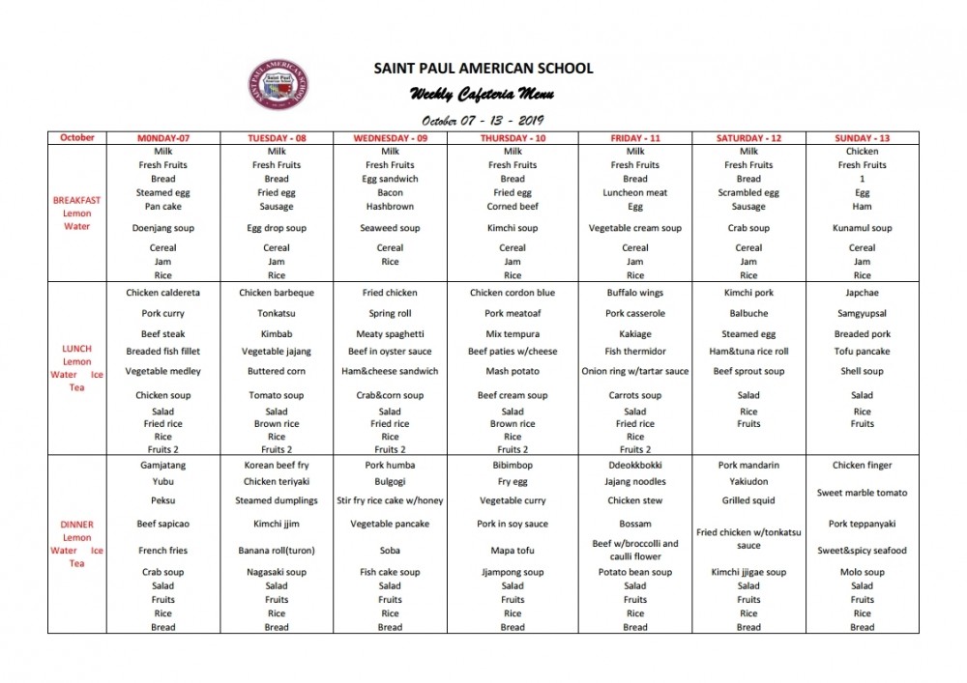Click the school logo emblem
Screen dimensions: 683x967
pos(278,84)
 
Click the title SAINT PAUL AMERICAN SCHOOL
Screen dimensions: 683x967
pos(483,69)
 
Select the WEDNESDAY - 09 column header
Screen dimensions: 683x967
pos(390,138)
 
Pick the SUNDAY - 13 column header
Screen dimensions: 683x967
pos(862,138)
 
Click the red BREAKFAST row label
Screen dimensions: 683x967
pos(76,201)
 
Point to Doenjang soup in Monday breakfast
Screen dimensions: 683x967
pos(163,229)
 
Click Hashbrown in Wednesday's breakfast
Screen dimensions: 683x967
pos(390,207)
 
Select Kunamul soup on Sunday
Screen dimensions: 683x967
pos(862,229)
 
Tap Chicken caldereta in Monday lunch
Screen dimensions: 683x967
pos(163,293)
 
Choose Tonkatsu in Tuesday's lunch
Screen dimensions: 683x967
pos(277,314)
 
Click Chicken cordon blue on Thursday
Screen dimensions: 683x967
pos(513,293)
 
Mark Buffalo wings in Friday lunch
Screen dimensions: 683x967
pos(635,293)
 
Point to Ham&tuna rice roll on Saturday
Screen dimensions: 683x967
pos(748,352)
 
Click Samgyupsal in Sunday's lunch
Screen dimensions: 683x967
pos(862,314)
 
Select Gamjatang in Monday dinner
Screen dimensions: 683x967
pos(163,466)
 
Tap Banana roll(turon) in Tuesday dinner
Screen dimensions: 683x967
pos(277,551)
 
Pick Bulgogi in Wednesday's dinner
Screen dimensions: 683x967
pos(390,481)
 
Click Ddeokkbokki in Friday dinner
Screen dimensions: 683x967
pos(635,466)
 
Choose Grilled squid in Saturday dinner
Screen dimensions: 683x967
pos(748,500)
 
